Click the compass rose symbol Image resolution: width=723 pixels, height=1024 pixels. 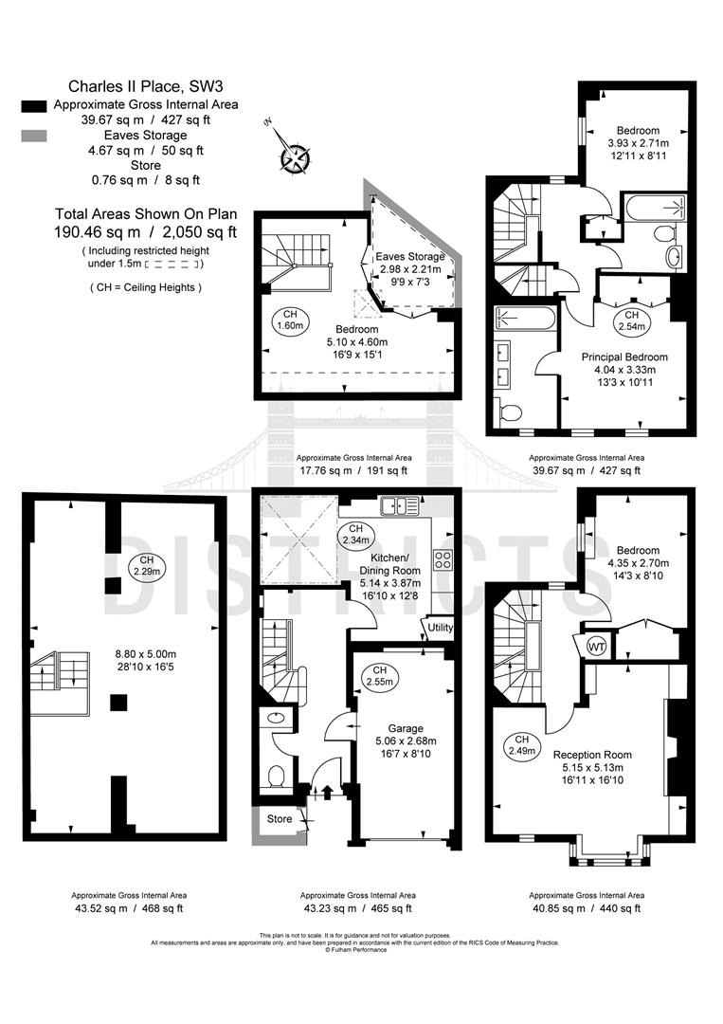296,154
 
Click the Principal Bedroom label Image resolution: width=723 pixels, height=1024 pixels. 624,357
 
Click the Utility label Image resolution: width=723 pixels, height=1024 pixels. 441,628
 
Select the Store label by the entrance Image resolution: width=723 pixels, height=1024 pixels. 280,818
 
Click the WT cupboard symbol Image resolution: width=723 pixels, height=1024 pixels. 597,646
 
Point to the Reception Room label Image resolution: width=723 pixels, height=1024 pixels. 592,755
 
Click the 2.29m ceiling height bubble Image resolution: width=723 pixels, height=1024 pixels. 146,566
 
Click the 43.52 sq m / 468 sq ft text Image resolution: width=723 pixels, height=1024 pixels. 129,908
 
